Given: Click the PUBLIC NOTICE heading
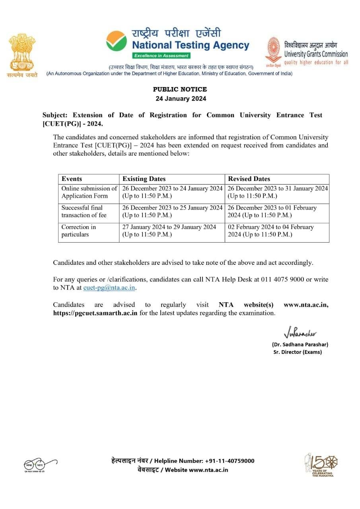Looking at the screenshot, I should [180, 89].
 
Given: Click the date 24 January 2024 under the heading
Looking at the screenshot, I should [181, 99].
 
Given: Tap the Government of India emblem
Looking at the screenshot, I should [22, 54].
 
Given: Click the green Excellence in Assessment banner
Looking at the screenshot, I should [162, 56].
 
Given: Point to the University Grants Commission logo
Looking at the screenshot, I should [273, 51].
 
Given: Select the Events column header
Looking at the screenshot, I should [72, 179].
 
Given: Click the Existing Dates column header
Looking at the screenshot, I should [144, 179].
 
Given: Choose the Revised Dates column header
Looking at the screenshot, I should [249, 179].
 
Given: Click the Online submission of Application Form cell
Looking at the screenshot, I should [89, 192].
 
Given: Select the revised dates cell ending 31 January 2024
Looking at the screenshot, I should [277, 192].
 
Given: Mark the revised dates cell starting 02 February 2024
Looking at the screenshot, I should [271, 231].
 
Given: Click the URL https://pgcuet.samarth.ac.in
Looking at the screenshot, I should [95, 313].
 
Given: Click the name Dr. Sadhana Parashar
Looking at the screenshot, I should [300, 344].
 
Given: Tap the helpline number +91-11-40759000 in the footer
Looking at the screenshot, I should [230, 461].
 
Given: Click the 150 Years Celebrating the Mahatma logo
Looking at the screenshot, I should [321, 464].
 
